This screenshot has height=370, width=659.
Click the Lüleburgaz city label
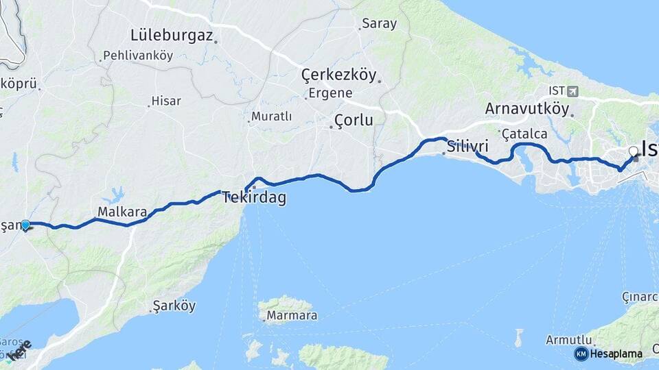click(x=172, y=35)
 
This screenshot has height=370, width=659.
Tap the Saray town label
click(x=379, y=24)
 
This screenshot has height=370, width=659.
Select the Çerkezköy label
click(x=339, y=75)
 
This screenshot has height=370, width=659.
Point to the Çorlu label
click(x=354, y=121)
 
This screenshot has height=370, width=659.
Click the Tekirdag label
click(x=254, y=199)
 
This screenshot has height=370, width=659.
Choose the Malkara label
click(x=122, y=212)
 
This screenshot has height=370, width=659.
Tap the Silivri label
click(x=467, y=146)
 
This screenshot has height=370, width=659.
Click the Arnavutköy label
click(x=527, y=108)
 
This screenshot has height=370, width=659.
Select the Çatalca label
click(x=524, y=133)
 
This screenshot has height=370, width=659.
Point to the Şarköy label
click(x=174, y=306)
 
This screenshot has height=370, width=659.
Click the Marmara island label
click(x=293, y=316)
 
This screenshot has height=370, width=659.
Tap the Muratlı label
click(x=271, y=116)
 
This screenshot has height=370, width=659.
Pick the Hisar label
click(x=166, y=101)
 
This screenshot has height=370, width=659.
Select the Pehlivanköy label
click(x=138, y=56)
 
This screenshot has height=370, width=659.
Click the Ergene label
click(x=330, y=93)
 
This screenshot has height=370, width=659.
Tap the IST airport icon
click(x=573, y=90)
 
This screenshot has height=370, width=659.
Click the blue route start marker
click(x=25, y=225)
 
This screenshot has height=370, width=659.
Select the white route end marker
click(x=633, y=150)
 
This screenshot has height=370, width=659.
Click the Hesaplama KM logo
click(x=608, y=354)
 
